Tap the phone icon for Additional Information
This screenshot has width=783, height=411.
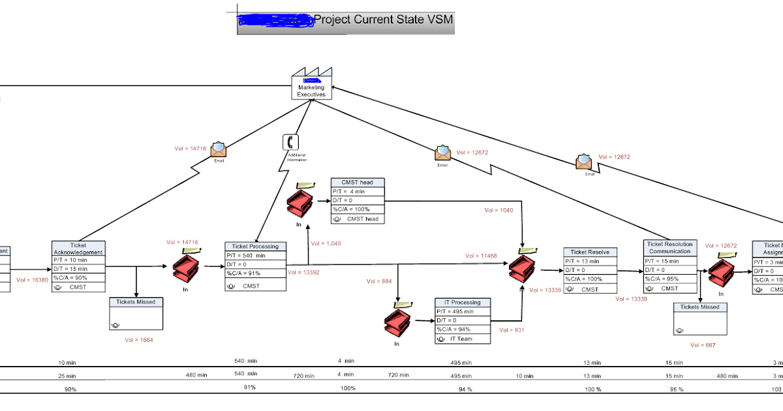tap(290, 142)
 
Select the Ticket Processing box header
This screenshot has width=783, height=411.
tap(255, 246)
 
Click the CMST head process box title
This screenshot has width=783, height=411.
tap(357, 182)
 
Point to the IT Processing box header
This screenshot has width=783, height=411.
tap(462, 302)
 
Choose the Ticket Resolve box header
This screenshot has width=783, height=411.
tap(590, 252)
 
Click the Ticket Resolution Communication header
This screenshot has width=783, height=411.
tap(669, 247)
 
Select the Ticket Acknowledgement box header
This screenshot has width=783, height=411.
tap(78, 249)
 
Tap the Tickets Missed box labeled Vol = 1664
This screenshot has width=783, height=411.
tap(136, 314)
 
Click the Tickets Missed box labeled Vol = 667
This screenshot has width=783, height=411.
tap(700, 319)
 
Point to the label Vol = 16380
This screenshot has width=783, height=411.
tap(32, 280)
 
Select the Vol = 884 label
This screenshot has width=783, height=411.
tap(379, 281)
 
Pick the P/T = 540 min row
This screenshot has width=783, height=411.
tap(255, 256)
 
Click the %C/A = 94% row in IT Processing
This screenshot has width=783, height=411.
tap(462, 329)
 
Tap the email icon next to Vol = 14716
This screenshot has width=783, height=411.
tap(219, 149)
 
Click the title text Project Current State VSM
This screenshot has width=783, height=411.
tap(383, 20)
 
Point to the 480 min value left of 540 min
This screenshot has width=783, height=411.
tap(196, 375)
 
